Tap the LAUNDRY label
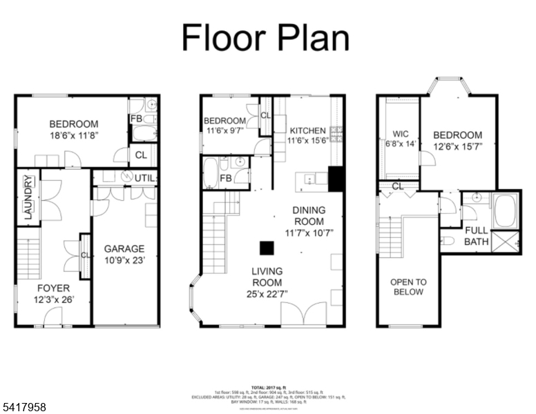coord(28,199)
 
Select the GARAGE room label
coord(124,248)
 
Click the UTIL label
coord(145,178)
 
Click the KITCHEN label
coord(308,130)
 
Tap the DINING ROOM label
coord(309,215)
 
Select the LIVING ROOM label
coord(267,277)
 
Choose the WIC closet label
coord(401,134)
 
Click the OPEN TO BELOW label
coord(408,286)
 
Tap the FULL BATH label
coord(476,236)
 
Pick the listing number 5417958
coord(24,407)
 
